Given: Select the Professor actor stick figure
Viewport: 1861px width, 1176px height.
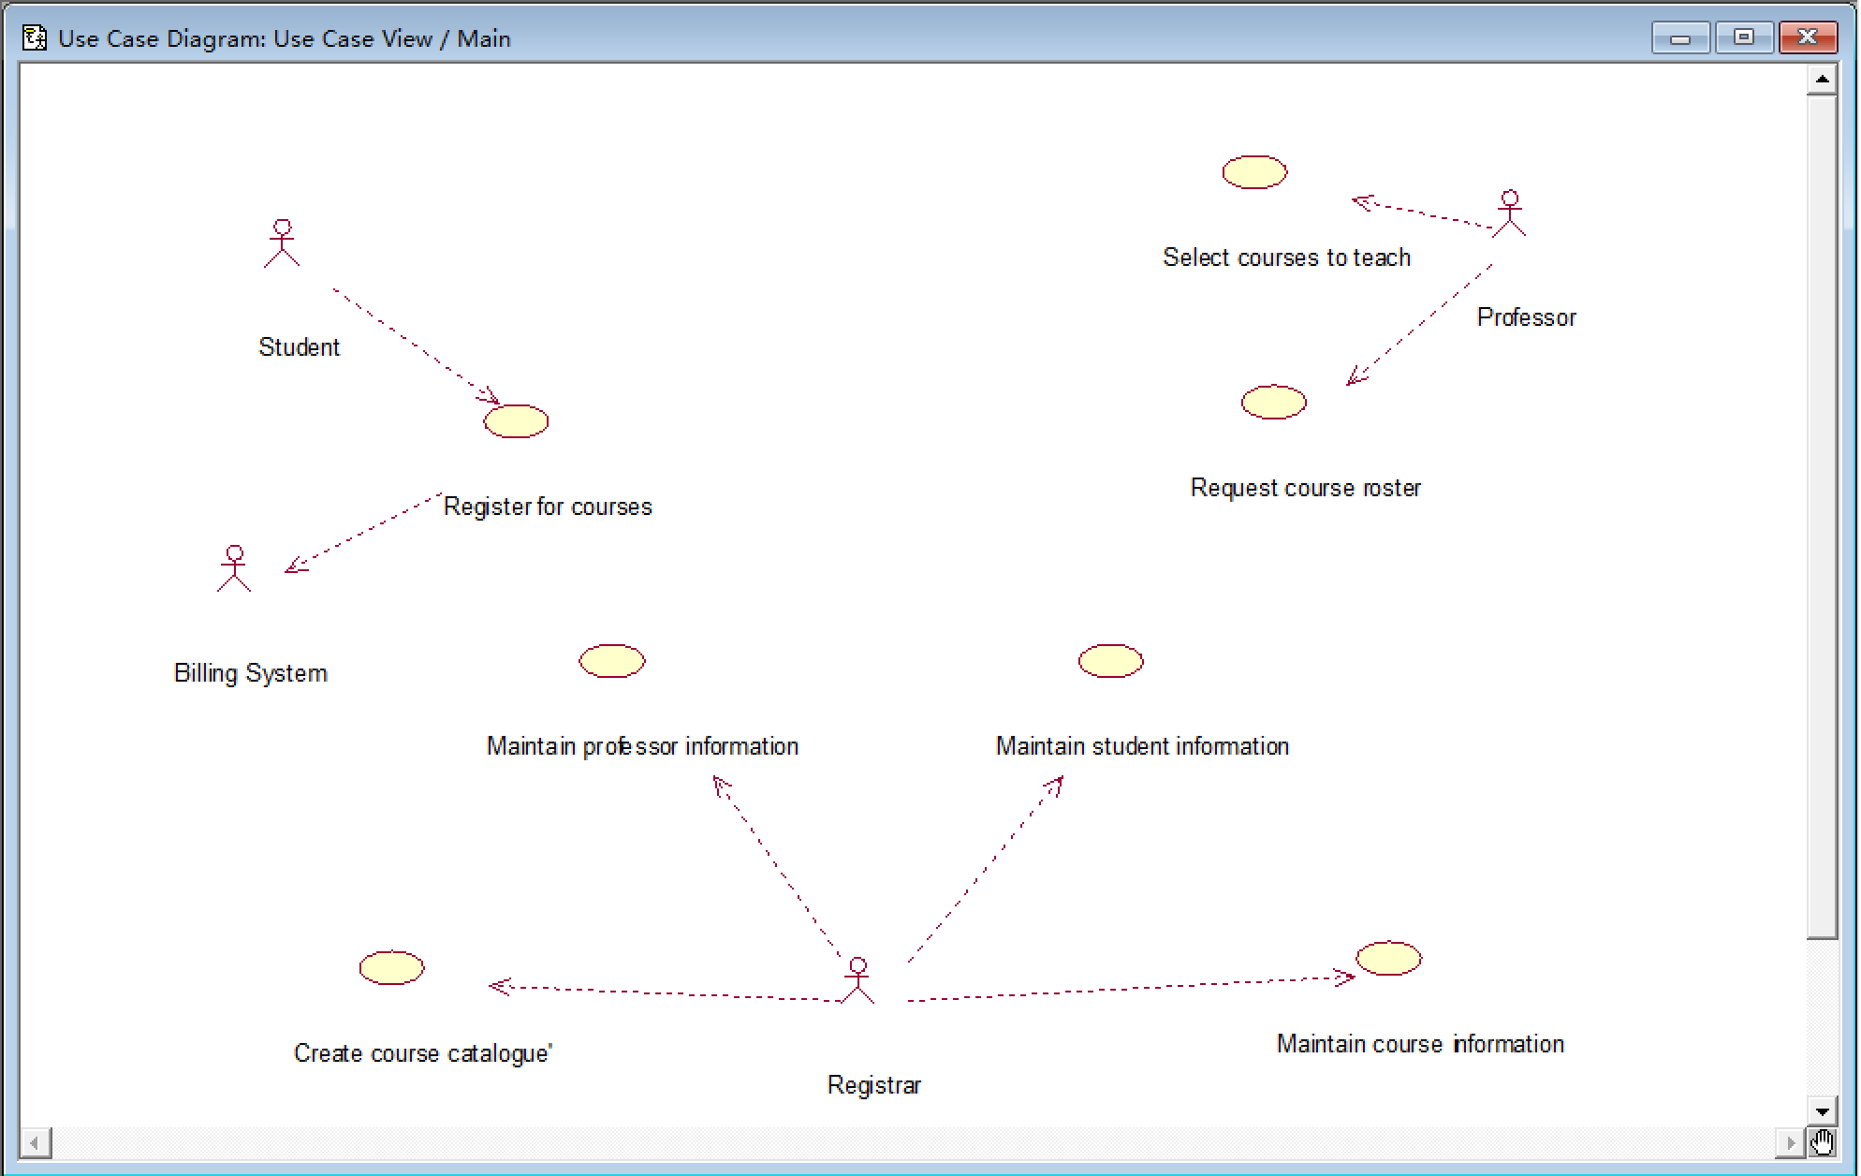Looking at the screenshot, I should click(1509, 213).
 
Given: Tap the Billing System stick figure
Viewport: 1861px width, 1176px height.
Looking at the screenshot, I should click(234, 569).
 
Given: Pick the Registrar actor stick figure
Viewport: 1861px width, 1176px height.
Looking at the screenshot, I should click(857, 980).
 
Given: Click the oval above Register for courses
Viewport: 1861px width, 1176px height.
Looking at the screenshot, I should click(516, 421).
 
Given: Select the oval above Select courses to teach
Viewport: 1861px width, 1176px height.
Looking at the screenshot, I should click(1254, 172).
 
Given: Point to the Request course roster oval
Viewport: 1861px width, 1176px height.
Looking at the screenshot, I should click(1273, 403).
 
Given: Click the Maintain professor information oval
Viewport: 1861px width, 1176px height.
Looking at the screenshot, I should click(612, 661).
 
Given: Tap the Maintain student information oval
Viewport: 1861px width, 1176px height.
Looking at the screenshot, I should click(1110, 661).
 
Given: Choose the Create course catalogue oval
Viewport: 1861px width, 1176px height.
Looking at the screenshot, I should click(391, 968).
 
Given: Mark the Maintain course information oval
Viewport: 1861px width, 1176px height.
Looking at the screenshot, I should click(1388, 959).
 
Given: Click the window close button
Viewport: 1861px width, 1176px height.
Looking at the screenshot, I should click(1807, 37).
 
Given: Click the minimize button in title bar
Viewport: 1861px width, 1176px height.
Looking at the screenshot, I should click(1680, 38).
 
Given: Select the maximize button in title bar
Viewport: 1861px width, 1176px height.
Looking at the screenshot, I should click(1743, 37).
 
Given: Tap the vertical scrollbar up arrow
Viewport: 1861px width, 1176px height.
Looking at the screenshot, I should click(1822, 80).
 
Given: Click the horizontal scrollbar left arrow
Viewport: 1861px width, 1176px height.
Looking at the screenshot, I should click(36, 1142).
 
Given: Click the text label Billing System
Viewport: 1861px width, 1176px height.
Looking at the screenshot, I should click(251, 673).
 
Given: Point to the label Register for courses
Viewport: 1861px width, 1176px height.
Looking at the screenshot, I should click(548, 507).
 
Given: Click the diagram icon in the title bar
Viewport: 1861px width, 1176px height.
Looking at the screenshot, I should click(35, 38).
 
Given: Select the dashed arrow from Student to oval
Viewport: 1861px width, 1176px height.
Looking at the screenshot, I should click(417, 346).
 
